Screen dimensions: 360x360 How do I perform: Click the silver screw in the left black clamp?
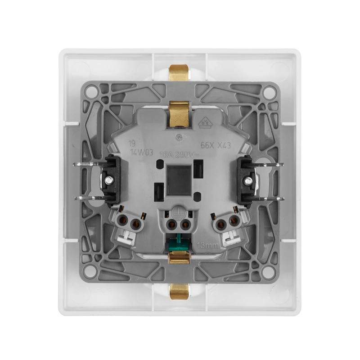pos(109,180)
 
